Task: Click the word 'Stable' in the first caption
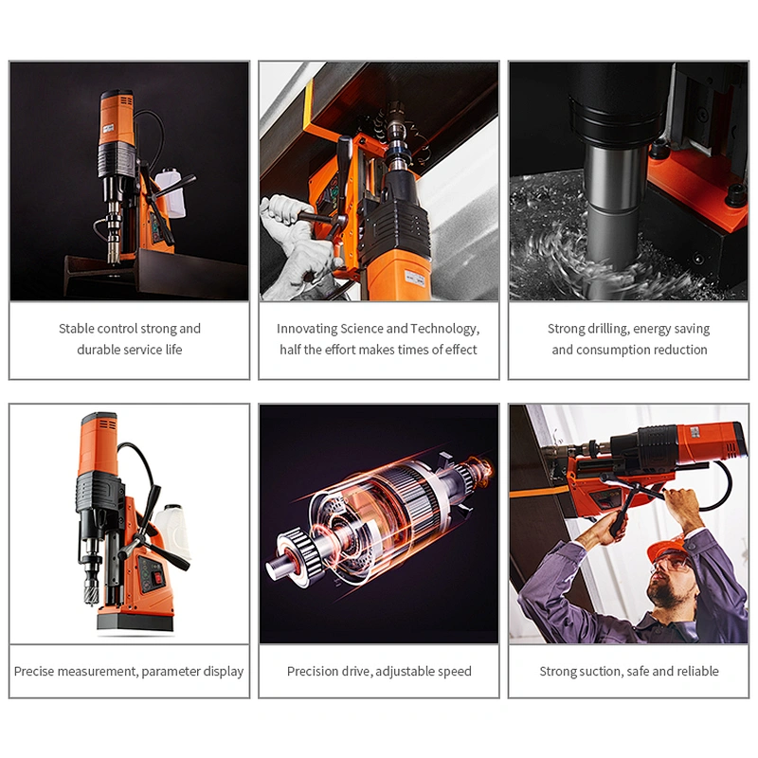point(76,329)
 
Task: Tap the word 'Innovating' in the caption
point(307,329)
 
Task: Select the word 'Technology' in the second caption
point(443,329)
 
